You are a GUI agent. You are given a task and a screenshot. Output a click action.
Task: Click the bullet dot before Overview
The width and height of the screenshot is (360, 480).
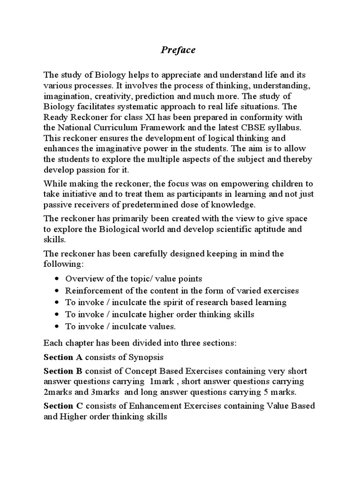pos(57,279)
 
